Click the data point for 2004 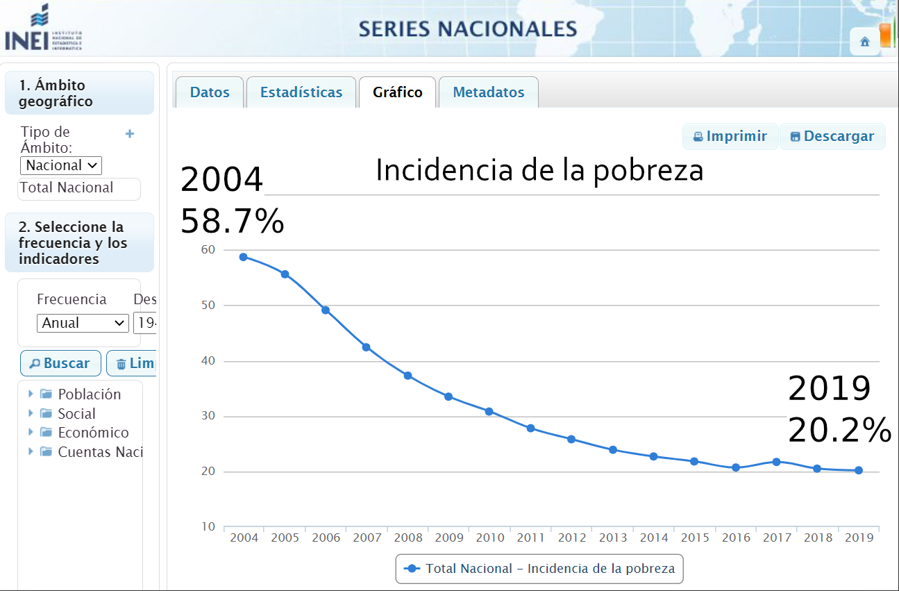[244, 257]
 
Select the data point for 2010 [489, 411]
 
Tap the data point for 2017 [776, 462]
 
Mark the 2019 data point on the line [859, 470]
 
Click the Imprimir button [730, 136]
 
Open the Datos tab [210, 92]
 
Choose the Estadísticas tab [301, 92]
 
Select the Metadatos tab [489, 92]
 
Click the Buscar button [60, 363]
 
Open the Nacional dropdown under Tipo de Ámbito [61, 165]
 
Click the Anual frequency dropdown [83, 323]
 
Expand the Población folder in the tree [31, 394]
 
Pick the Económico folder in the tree [93, 433]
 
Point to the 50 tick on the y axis [209, 305]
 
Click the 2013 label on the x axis [613, 538]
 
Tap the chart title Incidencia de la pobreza [539, 170]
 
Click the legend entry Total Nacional [539, 569]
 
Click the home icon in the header [865, 42]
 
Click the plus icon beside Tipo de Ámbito [130, 133]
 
